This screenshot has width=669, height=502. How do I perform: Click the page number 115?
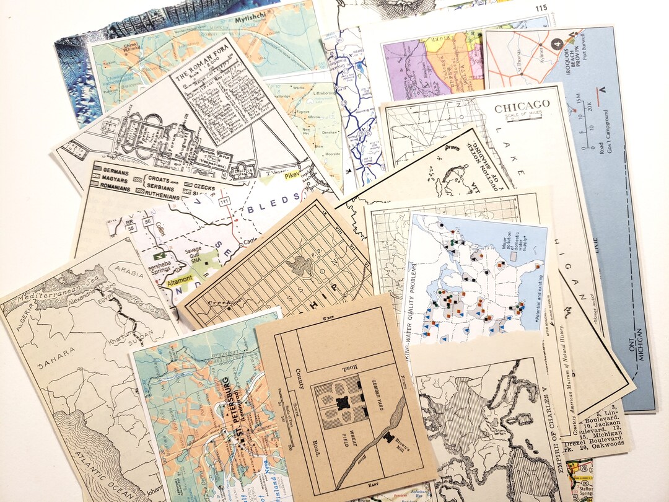pyautogui.click(x=541, y=7)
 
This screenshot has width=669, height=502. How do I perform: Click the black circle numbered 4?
pyautogui.click(x=556, y=44)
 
